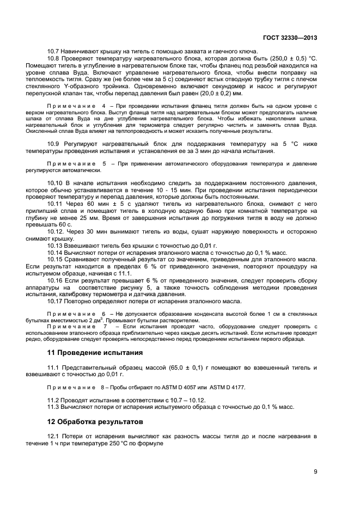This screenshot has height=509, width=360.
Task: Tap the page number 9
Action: [315, 471]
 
